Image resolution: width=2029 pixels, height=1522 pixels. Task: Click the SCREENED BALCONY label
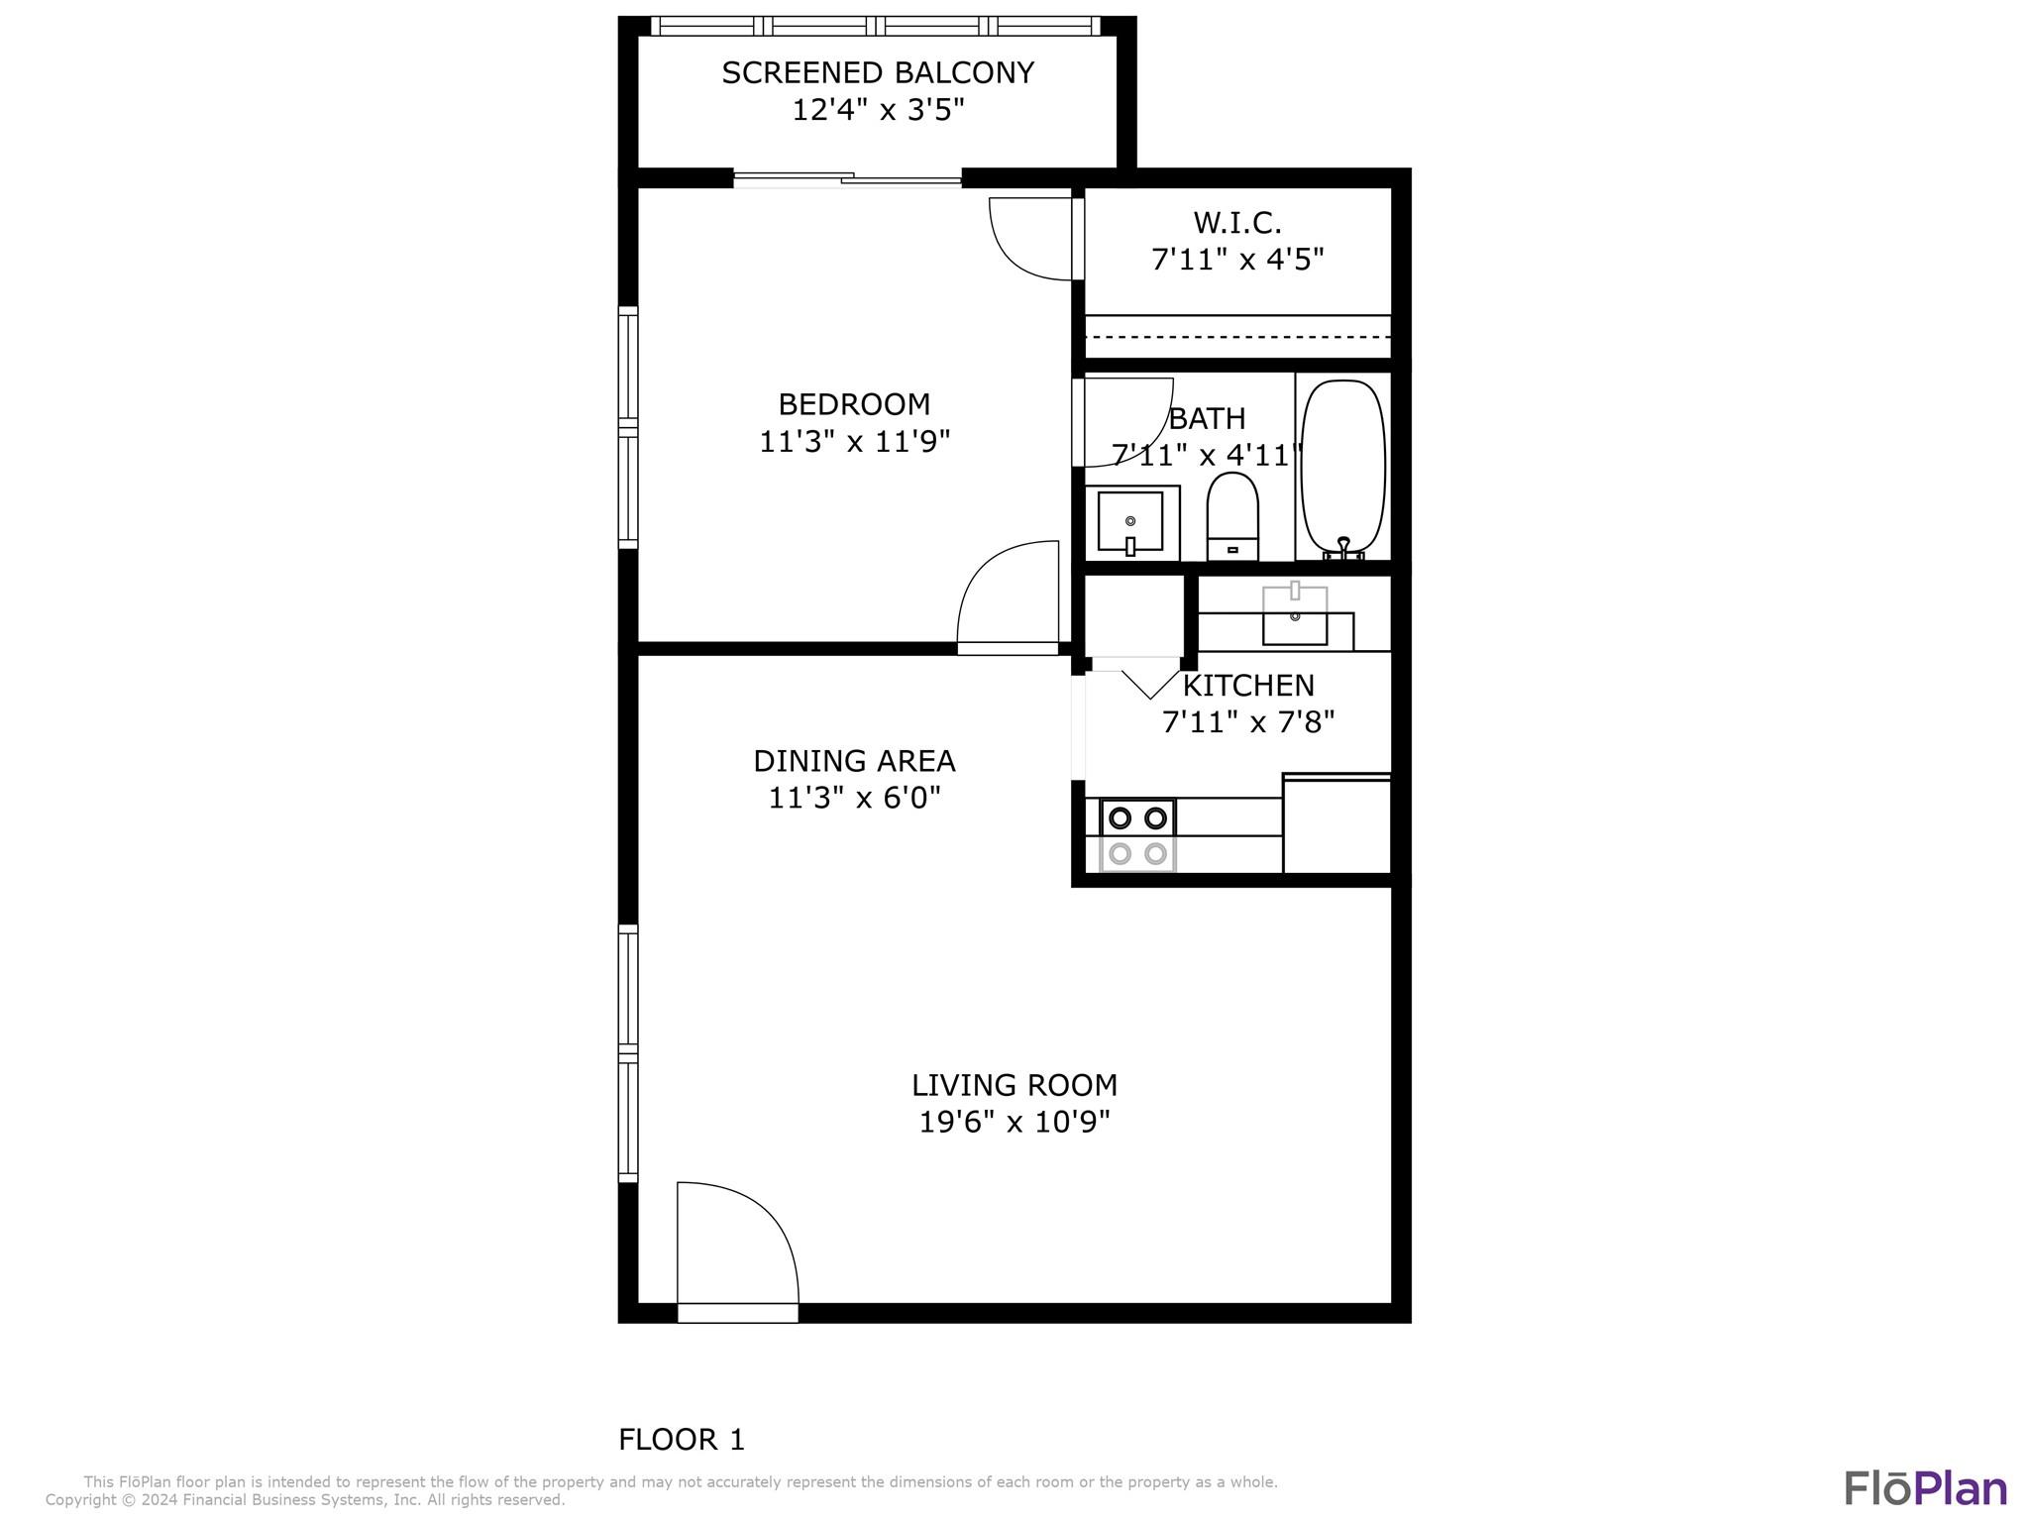878,72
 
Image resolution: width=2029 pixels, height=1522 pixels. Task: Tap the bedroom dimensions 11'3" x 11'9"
854,441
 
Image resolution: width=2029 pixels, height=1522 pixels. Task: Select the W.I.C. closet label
1237,222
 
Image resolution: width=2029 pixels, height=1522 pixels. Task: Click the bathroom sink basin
1130,521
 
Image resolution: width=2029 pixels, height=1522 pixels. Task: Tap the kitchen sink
1295,615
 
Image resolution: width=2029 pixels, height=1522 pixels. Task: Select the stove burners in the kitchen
1137,835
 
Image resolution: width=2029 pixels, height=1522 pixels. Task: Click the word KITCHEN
1248,685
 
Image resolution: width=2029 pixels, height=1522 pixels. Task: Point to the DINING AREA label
854,761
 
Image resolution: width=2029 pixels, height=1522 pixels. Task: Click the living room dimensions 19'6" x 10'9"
1014,1122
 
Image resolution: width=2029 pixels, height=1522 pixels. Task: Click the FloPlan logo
1925,1488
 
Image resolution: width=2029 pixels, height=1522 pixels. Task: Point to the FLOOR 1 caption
682,1440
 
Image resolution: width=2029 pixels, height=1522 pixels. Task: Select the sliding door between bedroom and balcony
847,179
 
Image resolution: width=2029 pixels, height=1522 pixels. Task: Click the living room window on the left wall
628,1053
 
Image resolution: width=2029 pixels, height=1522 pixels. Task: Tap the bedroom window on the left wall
628,427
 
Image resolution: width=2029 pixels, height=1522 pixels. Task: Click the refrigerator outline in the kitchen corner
1337,823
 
